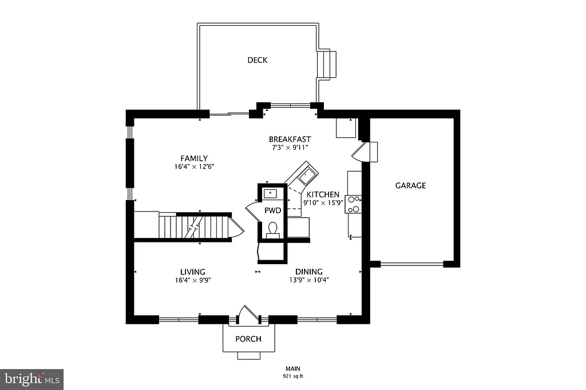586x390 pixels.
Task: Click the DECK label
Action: click(257, 60)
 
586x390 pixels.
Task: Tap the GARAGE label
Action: click(410, 185)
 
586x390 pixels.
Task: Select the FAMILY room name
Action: click(194, 158)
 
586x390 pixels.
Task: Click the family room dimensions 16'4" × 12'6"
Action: click(194, 167)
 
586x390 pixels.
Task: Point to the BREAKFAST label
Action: click(290, 139)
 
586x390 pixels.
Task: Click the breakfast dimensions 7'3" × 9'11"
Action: click(290, 147)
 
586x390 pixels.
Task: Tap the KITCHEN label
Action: click(323, 194)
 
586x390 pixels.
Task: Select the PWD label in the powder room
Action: click(272, 210)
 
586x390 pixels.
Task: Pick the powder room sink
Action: click(271, 193)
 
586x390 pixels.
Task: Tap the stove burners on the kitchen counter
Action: click(354, 204)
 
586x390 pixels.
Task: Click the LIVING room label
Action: click(193, 272)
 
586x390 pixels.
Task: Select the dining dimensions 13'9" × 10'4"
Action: click(309, 280)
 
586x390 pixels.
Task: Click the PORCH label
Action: click(248, 339)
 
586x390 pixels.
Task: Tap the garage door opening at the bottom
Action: click(412, 264)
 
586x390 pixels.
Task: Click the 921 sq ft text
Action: click(292, 376)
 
